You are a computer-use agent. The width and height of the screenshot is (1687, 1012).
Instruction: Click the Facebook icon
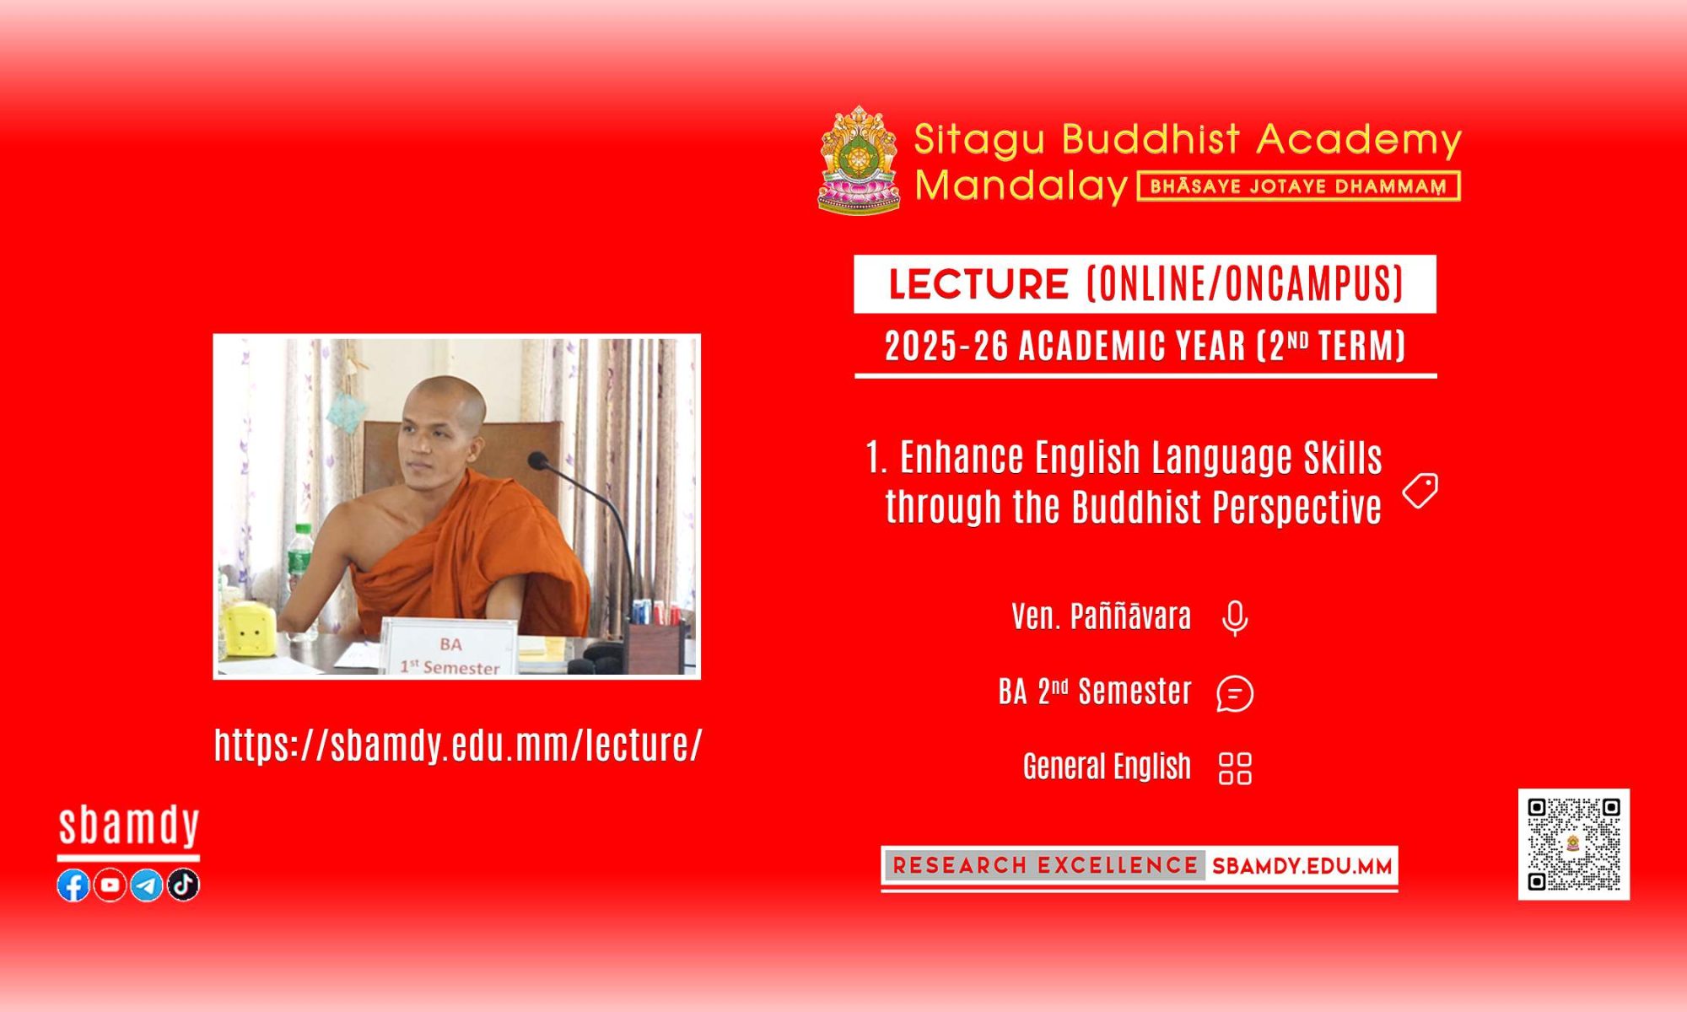coord(73,885)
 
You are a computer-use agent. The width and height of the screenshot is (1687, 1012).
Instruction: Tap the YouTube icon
coord(110,885)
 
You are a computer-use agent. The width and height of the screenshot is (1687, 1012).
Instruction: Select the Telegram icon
coord(146,885)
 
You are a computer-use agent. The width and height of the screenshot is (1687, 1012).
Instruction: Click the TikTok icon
coord(183,885)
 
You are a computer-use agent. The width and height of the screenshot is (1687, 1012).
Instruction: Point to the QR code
coord(1574,844)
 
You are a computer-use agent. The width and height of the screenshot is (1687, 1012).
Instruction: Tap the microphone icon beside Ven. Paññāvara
coord(1235,618)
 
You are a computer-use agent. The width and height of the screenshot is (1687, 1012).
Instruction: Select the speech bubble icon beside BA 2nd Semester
coord(1235,693)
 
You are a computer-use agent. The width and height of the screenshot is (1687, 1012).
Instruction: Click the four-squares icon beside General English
coord(1235,768)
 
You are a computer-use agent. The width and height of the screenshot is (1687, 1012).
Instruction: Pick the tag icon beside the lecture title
coord(1420,491)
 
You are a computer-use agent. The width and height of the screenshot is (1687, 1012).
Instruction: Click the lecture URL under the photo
coord(458,745)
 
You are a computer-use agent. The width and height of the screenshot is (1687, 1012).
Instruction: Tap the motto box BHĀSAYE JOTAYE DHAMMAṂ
coord(1299,186)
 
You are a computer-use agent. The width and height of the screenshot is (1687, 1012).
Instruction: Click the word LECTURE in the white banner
coord(978,284)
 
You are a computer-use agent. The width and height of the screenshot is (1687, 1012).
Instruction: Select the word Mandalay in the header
coord(1021,186)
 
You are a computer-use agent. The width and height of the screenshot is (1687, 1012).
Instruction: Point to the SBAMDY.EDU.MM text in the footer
coord(1302,866)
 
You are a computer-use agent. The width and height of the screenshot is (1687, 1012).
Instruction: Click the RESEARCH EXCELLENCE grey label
coord(1045,865)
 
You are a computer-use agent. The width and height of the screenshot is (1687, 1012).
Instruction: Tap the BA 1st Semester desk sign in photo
coord(450,647)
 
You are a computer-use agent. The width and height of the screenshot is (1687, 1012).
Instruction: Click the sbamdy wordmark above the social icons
coord(129,826)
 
